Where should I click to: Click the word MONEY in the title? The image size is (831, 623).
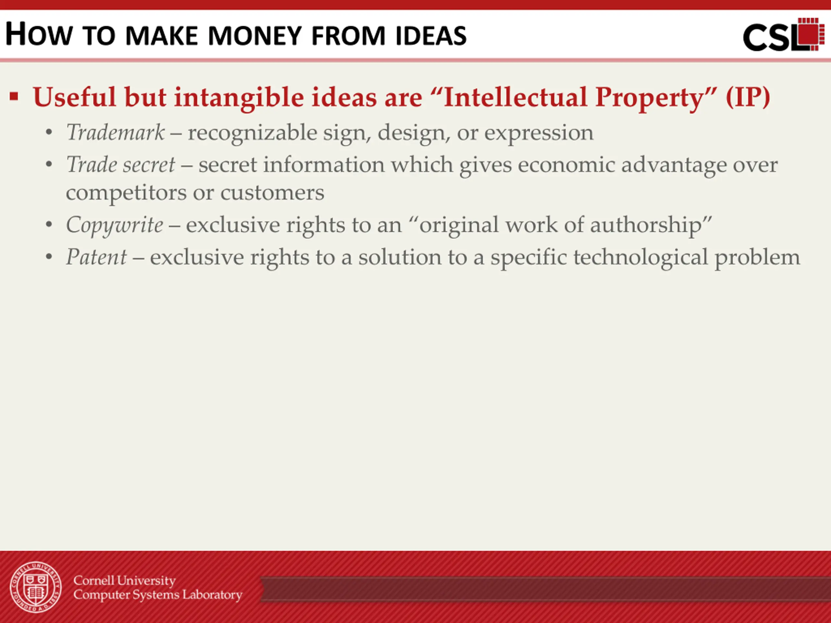tap(255, 36)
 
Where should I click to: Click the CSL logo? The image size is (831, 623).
tap(784, 34)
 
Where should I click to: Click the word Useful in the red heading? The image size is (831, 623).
tap(74, 97)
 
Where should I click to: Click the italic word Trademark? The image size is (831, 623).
tap(115, 132)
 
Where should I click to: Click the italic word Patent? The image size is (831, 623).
tap(96, 257)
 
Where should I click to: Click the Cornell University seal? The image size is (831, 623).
tap(36, 587)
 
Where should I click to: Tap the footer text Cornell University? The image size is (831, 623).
tap(124, 580)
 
